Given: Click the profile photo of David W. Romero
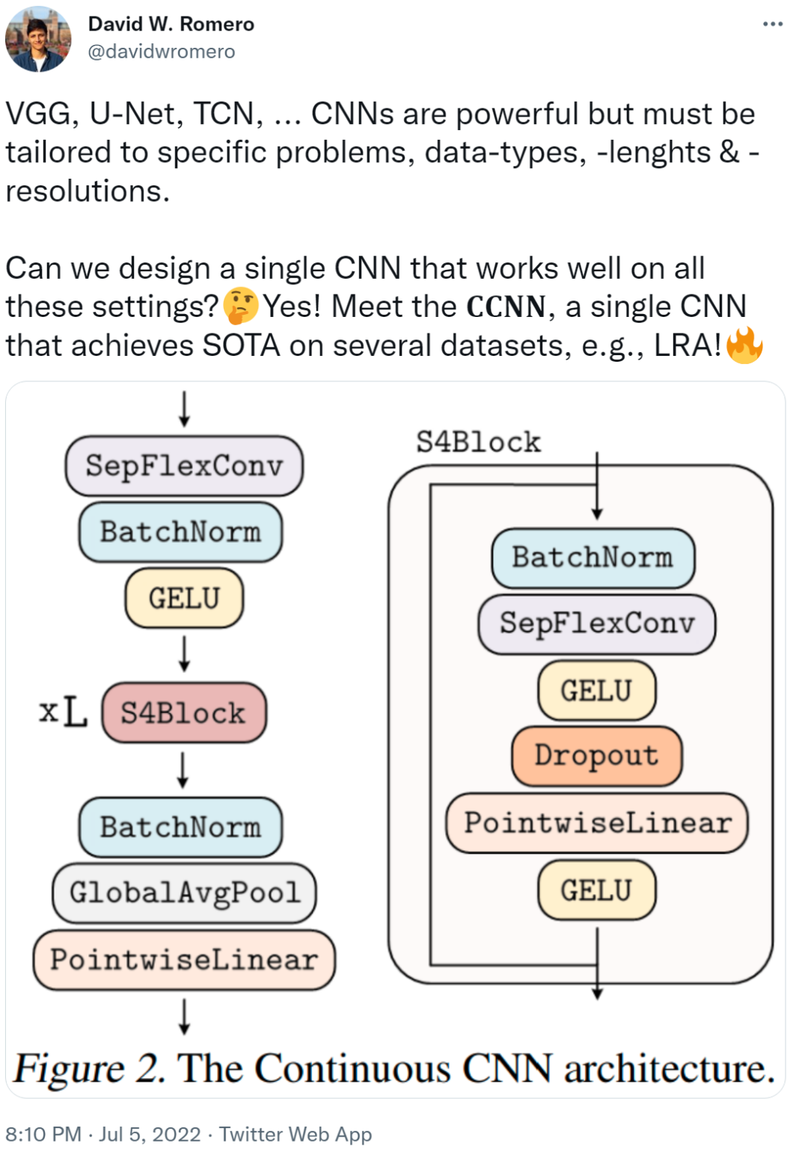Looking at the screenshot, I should [x=37, y=40].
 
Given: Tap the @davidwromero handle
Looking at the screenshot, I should [x=162, y=52].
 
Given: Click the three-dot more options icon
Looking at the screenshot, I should [x=772, y=24].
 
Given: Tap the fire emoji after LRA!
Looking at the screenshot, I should [x=744, y=345].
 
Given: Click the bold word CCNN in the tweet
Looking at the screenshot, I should [x=506, y=307].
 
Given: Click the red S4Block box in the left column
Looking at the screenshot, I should [x=184, y=712].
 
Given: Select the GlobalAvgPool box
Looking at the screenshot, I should [x=184, y=893].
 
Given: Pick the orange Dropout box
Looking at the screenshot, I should [x=596, y=756].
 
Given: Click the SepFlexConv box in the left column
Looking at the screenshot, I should [x=184, y=466].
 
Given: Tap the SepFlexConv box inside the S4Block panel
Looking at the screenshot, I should [x=596, y=623].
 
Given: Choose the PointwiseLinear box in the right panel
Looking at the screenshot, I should [x=596, y=823].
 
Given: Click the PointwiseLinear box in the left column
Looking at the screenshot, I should [x=184, y=960].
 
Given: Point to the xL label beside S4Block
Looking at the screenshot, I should [x=63, y=711].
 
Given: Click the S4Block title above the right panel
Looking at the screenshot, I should [x=478, y=442].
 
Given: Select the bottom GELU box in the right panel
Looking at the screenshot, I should [x=596, y=890].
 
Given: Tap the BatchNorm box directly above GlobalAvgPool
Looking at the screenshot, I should [x=180, y=827].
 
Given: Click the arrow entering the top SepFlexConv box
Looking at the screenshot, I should [x=184, y=409].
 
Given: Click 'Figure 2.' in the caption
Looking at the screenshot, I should [x=88, y=1068].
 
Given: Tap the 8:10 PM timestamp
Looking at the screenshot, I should [x=43, y=1134].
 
